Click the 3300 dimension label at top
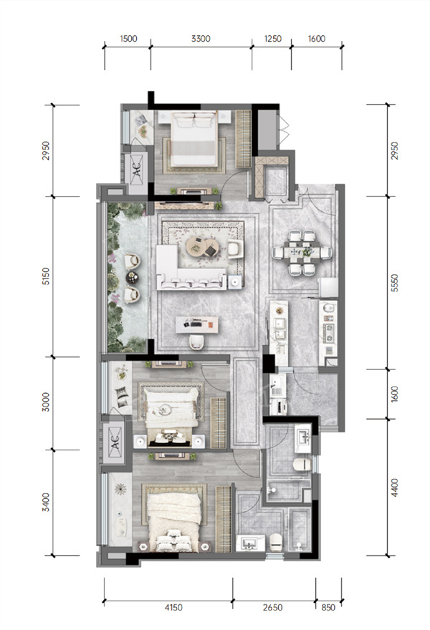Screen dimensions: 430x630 [201, 39]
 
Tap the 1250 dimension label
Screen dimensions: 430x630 [273, 39]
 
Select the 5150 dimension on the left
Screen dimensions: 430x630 [47, 276]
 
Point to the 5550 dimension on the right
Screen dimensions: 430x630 [395, 283]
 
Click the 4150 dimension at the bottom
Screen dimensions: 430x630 [173, 608]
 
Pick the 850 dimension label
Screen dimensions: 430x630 [328, 608]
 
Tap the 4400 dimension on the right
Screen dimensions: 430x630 [395, 488]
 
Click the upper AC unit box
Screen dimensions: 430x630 [137, 169]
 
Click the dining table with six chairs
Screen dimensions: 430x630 [302, 253]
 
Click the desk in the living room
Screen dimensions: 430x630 [197, 324]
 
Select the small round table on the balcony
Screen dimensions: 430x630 [133, 278]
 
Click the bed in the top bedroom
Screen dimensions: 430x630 [194, 139]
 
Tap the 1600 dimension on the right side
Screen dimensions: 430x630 [395, 394]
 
